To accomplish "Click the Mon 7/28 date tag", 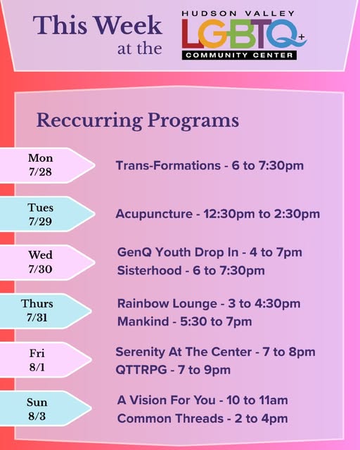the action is click(46, 165).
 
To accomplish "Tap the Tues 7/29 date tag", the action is click(46, 214).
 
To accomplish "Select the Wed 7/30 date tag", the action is click(46, 262).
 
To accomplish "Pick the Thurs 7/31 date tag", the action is click(44, 311).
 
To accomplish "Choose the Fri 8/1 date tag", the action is click(44, 359).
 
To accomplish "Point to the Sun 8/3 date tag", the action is click(44, 409).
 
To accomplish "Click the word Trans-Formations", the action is click(168, 166).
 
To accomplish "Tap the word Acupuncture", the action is click(154, 214).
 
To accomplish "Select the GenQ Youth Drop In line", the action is click(210, 252).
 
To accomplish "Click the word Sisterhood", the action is click(149, 270).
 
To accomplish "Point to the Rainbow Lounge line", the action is click(209, 304).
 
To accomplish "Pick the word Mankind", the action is click(143, 321).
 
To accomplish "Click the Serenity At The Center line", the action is click(215, 352).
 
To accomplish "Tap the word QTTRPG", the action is click(141, 370).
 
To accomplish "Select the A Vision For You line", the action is click(202, 400).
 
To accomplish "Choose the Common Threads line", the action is click(202, 419).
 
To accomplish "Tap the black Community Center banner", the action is click(239, 55).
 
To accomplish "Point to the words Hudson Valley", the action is click(238, 13).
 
